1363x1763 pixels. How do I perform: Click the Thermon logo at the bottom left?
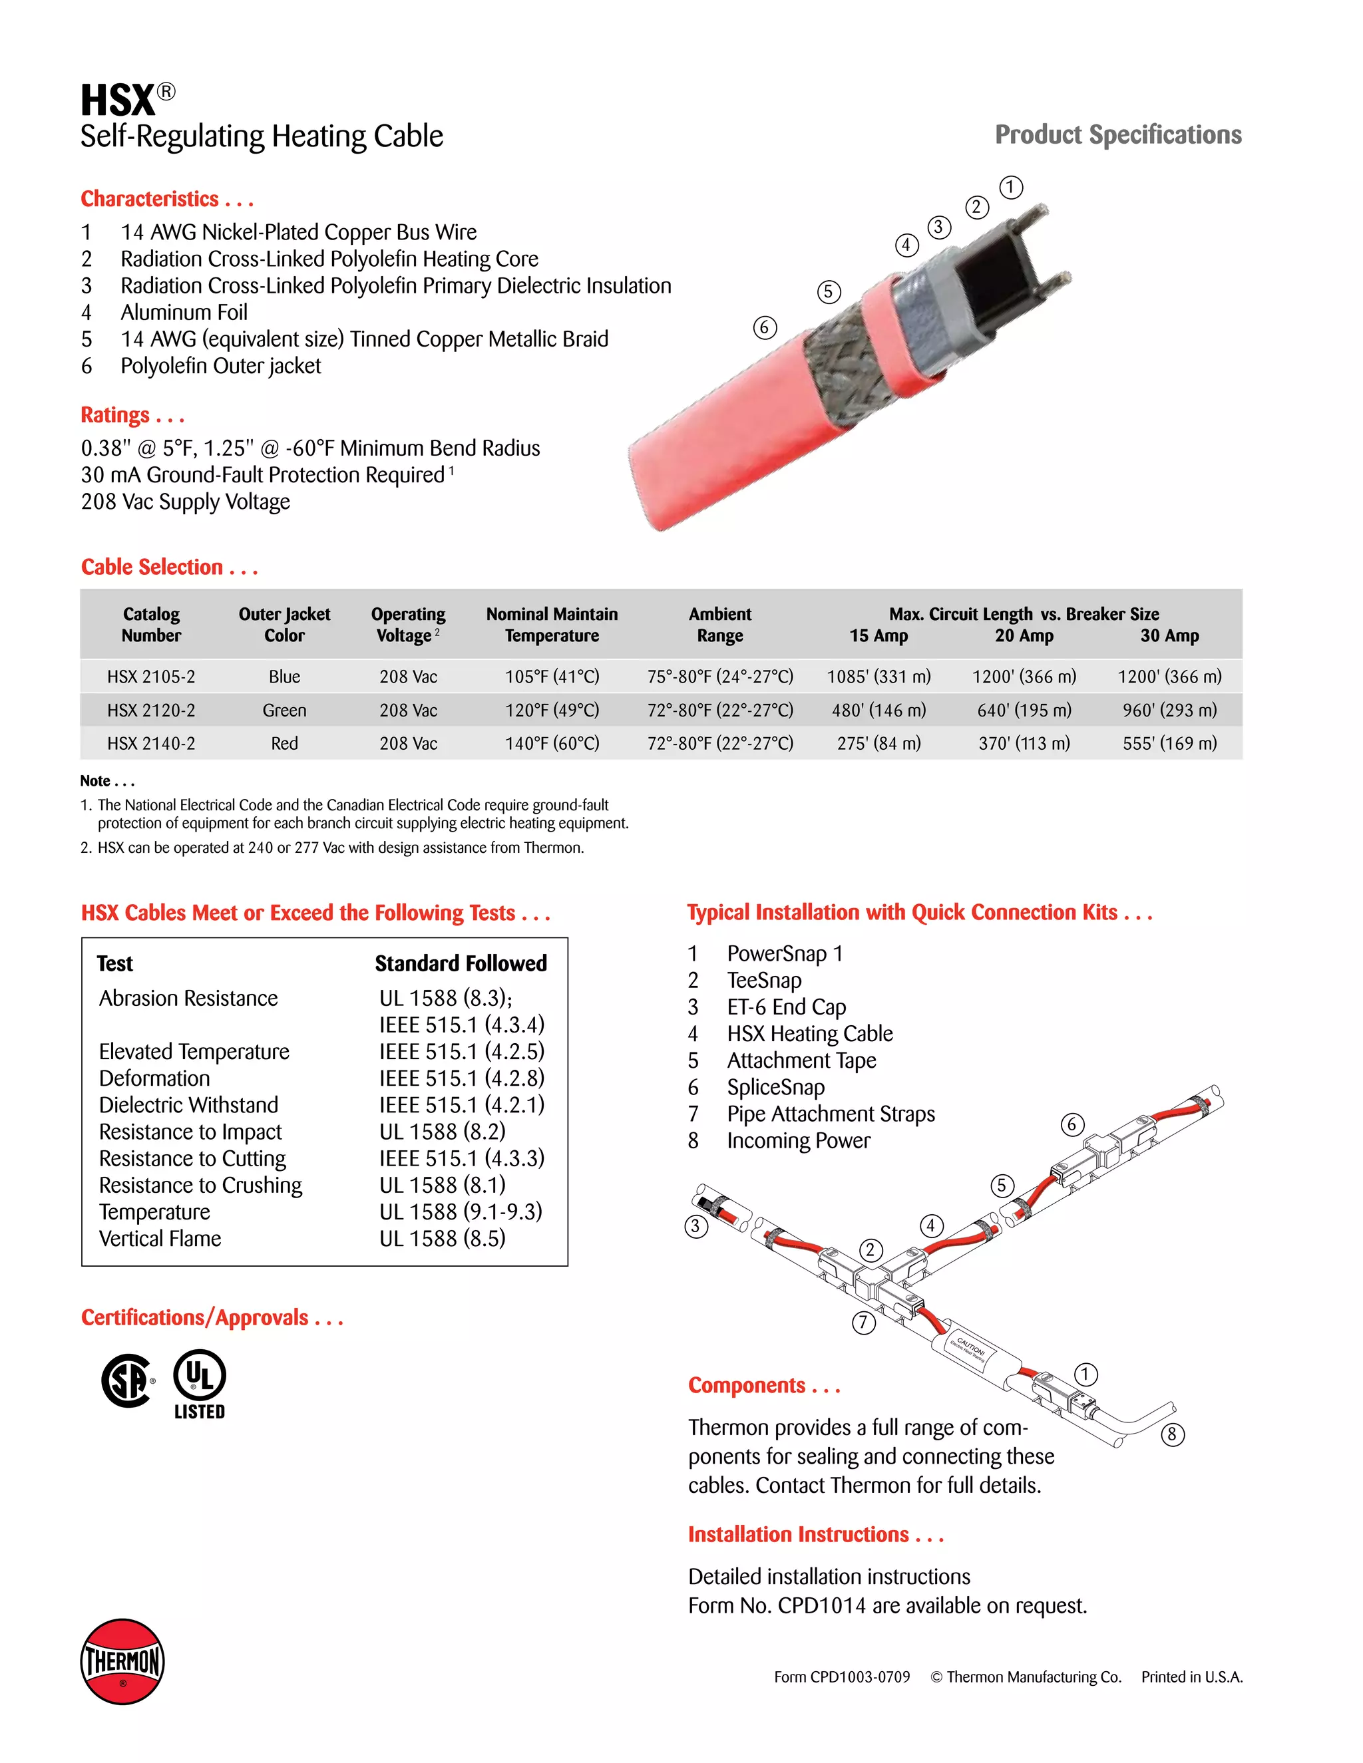122,1661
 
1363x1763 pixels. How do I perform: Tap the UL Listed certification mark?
200,1384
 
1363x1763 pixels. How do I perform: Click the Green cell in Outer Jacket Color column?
284,711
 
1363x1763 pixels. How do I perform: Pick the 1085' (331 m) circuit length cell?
878,677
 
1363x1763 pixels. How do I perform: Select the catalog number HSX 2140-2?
151,744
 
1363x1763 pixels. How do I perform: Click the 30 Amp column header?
1169,635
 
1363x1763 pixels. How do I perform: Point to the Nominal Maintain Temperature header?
552,625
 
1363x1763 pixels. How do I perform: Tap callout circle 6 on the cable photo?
765,328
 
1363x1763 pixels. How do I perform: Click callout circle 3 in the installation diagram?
696,1226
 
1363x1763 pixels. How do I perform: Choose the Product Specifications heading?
1117,135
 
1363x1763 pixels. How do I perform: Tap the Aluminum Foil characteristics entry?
184,313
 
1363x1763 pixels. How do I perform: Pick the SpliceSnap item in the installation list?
775,1087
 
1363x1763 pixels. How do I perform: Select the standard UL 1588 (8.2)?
443,1132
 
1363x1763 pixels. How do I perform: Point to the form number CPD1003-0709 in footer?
841,1677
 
